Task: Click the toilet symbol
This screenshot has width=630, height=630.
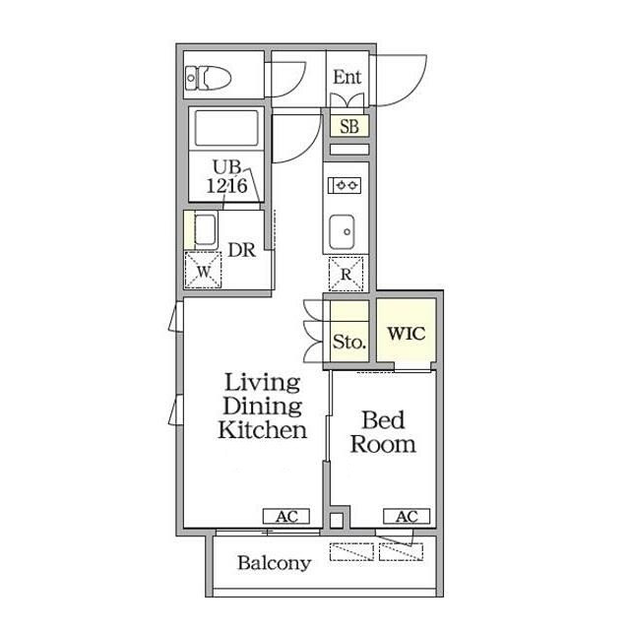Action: click(x=208, y=78)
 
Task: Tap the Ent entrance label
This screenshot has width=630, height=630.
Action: click(x=347, y=77)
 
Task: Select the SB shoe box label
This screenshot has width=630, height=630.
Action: click(x=349, y=127)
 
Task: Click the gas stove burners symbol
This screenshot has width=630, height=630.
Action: click(x=345, y=186)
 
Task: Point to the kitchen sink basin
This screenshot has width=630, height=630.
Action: click(x=342, y=232)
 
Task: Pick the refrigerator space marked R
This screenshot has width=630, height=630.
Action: click(x=346, y=274)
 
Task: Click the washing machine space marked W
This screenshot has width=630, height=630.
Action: click(x=203, y=271)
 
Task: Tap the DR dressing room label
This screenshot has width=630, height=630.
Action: click(x=241, y=250)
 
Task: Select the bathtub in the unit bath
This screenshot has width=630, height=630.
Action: click(x=226, y=128)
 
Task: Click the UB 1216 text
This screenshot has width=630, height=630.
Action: click(x=227, y=177)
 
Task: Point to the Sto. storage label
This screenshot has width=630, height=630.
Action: click(x=349, y=342)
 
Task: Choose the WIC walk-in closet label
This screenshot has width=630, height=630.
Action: click(x=407, y=333)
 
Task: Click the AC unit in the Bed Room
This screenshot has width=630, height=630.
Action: click(x=407, y=516)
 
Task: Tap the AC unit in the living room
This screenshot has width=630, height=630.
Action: click(x=286, y=516)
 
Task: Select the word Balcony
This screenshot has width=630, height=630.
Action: click(x=275, y=563)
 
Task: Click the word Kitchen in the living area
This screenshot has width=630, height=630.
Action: click(x=263, y=429)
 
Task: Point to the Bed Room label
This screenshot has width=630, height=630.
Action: click(x=383, y=432)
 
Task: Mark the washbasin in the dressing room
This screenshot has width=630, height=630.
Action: click(x=205, y=229)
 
